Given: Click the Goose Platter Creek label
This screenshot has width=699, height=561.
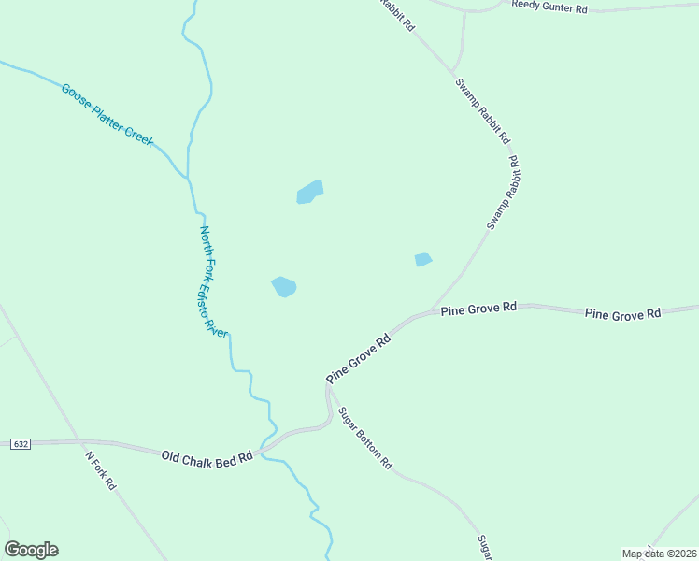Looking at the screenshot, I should [107, 115].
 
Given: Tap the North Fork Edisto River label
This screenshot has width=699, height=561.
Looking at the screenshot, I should [214, 281].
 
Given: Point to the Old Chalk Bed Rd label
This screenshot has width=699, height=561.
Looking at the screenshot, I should [207, 457].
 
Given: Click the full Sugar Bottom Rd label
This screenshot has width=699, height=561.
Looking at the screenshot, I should [365, 438].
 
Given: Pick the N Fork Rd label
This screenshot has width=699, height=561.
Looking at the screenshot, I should [100, 472].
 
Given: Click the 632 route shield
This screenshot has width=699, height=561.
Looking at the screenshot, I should [20, 443].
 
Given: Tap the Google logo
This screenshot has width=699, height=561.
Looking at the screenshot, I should [31, 550].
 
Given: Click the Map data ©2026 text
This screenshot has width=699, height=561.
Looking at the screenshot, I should [659, 554].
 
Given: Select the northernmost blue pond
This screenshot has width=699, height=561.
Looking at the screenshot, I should [309, 192].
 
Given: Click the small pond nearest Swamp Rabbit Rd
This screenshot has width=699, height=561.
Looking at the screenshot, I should [423, 260].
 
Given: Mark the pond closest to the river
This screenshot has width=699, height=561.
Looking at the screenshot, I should [284, 287].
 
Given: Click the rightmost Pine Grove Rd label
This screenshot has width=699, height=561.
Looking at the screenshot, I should [622, 314].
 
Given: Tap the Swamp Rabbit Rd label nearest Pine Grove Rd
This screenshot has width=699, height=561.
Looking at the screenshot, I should [503, 194].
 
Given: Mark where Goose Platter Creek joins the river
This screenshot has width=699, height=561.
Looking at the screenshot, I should [188, 176].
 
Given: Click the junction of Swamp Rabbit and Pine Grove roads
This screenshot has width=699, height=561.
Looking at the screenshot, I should [433, 309].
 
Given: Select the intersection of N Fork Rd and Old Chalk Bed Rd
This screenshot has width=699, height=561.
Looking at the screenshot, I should [82, 442].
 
